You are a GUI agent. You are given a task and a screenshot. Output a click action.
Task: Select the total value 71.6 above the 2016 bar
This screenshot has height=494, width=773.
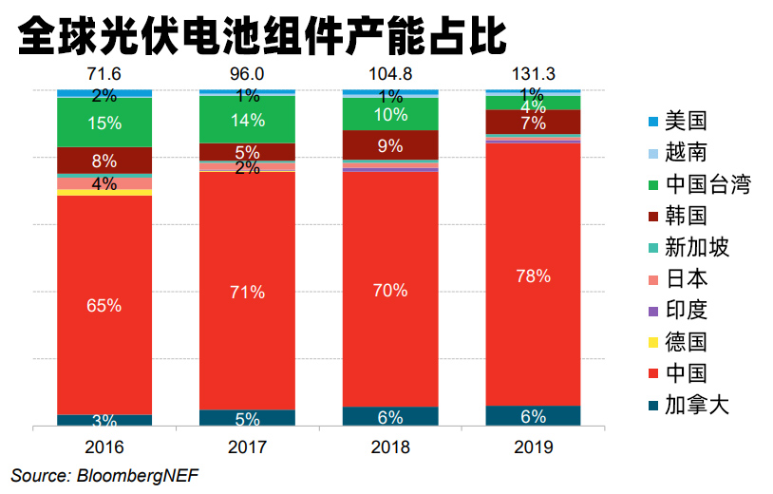click(x=104, y=74)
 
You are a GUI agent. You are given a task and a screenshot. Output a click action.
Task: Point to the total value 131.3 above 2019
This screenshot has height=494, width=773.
click(x=532, y=74)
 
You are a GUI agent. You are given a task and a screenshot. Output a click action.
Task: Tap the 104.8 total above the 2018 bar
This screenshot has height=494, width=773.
click(x=389, y=74)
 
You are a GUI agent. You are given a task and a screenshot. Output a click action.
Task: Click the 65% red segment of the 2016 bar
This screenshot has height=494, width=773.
click(x=104, y=305)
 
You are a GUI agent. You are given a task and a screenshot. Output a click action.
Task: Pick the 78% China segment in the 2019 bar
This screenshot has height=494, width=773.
click(x=532, y=275)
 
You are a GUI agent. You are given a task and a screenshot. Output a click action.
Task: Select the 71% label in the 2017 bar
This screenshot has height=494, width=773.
click(x=247, y=292)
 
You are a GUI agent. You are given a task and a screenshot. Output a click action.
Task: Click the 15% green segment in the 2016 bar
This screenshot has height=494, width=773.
click(x=104, y=123)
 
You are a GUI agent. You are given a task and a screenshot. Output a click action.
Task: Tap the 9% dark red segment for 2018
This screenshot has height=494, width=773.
click(x=389, y=145)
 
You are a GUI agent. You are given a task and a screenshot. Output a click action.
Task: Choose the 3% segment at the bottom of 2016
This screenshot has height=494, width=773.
click(x=104, y=421)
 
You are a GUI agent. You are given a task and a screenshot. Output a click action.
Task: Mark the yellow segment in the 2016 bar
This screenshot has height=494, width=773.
click(x=104, y=192)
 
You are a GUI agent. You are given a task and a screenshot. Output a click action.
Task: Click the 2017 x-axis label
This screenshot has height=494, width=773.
click(x=247, y=446)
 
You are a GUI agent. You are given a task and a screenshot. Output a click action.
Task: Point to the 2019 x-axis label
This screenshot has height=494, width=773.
click(x=532, y=446)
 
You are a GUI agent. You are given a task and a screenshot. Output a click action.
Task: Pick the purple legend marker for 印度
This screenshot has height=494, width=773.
click(x=652, y=311)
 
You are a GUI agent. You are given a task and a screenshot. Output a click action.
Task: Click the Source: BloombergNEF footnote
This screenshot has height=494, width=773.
click(x=105, y=474)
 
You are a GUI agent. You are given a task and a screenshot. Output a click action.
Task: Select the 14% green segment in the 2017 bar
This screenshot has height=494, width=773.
click(x=247, y=120)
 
